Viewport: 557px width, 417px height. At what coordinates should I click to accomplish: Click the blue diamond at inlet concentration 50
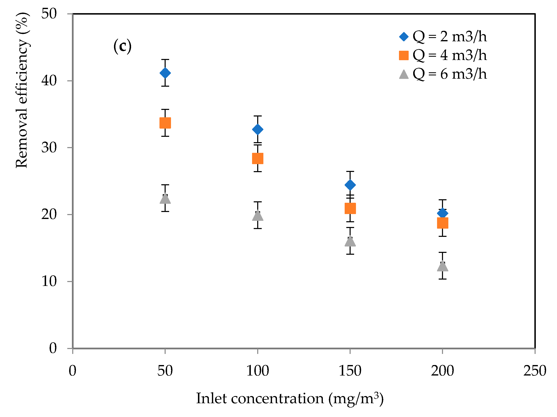point(165,73)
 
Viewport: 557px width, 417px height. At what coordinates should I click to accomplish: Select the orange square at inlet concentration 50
point(165,123)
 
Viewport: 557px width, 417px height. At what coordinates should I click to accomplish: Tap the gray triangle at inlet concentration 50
point(165,199)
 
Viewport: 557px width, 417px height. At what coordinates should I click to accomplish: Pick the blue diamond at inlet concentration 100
point(258,129)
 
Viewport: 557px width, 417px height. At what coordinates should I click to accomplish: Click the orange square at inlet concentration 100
point(258,158)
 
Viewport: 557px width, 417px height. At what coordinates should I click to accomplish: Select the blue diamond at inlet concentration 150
point(350,185)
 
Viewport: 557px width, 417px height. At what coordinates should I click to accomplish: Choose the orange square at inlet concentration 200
point(442,223)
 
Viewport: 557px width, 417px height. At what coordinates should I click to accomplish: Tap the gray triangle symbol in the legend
point(404,74)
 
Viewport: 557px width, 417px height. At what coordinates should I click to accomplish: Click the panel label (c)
point(122,46)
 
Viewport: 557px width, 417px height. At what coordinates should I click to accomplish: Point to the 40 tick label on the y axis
point(49,81)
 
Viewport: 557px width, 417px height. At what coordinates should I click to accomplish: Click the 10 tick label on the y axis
point(49,281)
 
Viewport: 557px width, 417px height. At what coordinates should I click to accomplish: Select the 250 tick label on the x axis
point(535,371)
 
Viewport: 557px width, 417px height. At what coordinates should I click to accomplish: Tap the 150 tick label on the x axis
point(350,371)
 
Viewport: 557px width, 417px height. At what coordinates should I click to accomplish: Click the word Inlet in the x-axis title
point(211,399)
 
